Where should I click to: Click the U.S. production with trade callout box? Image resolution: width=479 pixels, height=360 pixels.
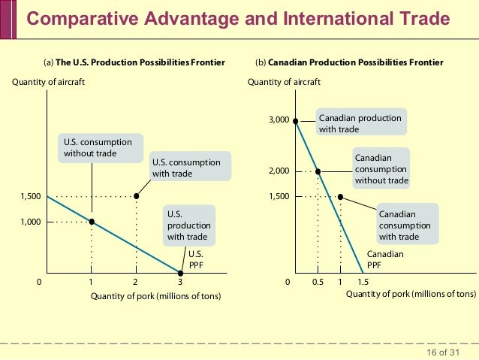[188, 225]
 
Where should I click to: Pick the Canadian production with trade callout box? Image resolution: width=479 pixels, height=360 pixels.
[360, 124]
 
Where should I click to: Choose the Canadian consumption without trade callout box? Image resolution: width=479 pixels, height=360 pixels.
[381, 169]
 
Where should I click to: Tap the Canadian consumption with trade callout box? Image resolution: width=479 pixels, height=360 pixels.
[405, 225]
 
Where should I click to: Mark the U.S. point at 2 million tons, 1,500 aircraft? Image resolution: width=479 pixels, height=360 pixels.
[136, 196]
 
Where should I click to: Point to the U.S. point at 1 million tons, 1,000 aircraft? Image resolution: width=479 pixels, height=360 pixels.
[92, 222]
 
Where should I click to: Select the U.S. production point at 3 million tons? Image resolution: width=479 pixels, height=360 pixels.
[180, 273]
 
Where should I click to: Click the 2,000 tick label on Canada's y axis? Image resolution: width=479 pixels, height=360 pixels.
[279, 171]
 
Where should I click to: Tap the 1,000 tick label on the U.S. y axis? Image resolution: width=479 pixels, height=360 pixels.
[30, 222]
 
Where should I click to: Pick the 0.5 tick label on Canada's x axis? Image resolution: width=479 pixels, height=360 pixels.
[318, 283]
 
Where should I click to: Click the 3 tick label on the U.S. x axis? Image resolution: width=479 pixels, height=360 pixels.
[180, 283]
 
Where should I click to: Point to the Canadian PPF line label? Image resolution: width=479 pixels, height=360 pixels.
[385, 259]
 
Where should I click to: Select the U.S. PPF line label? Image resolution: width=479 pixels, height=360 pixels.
[196, 259]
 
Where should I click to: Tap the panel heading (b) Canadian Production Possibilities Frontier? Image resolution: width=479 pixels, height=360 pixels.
[349, 62]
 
